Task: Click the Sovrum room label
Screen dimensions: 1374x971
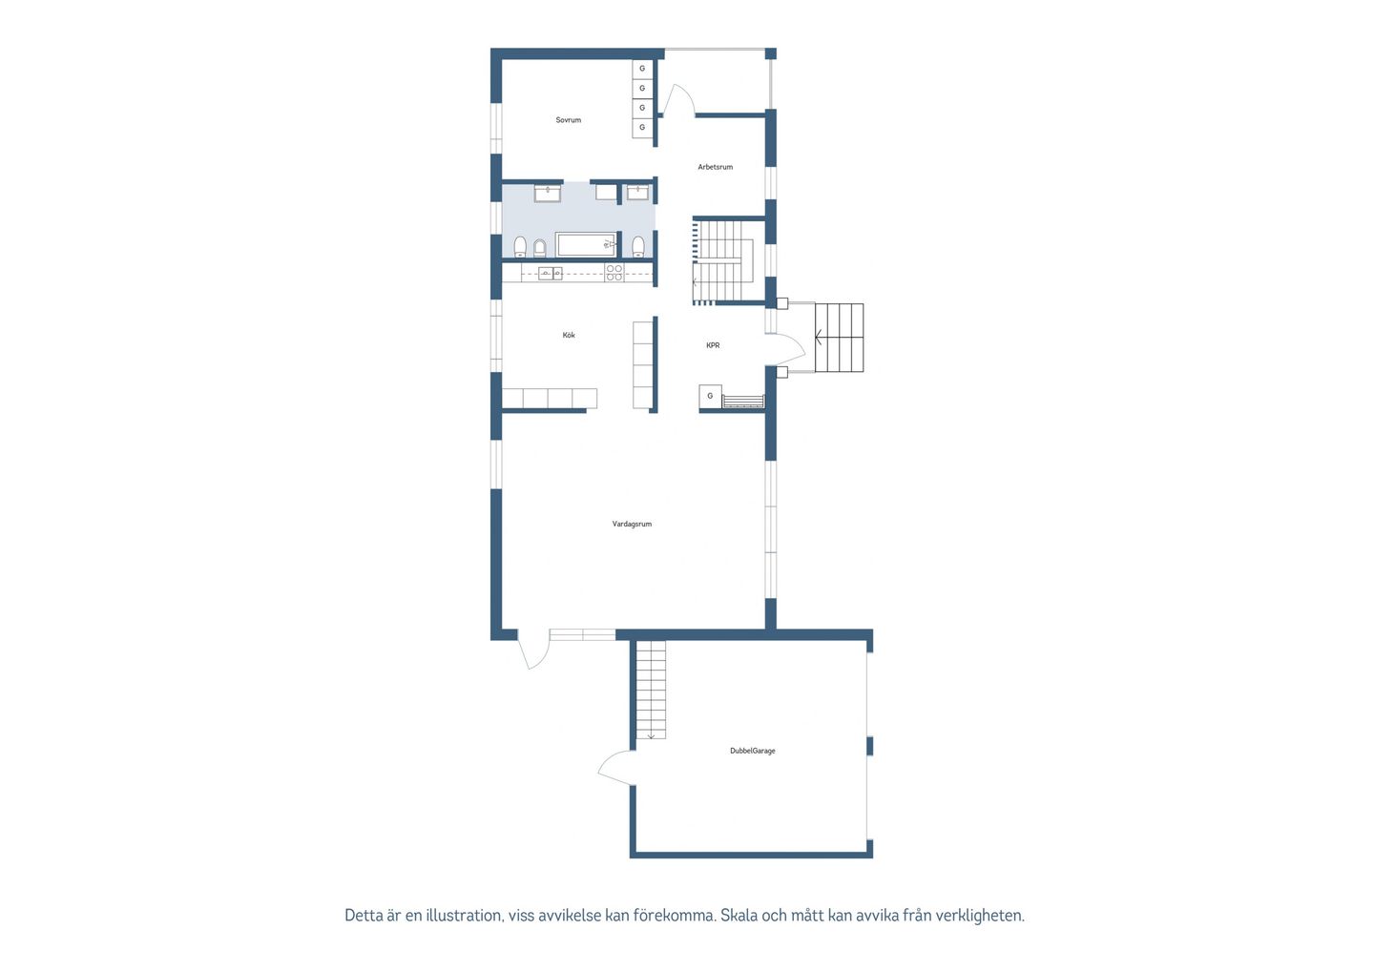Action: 568,120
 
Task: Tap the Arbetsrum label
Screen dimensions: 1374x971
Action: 716,167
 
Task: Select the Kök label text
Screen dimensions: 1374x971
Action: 569,336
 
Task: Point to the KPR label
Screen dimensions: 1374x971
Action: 713,345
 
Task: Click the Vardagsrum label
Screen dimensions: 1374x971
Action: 632,524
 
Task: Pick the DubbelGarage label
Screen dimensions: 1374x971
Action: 753,751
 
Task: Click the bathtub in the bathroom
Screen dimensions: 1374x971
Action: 586,244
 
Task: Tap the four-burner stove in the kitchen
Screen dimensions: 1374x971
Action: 614,273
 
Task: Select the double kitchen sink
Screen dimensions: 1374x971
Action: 551,274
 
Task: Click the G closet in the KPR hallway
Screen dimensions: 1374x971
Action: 710,396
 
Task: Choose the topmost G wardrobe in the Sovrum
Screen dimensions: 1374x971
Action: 642,69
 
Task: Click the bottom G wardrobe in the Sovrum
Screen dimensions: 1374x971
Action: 642,128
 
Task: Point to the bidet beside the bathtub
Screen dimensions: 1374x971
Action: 540,248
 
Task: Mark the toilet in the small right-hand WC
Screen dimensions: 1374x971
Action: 638,246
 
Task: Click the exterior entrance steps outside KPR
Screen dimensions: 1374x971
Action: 839,338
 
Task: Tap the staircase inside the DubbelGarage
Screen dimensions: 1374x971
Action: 651,690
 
